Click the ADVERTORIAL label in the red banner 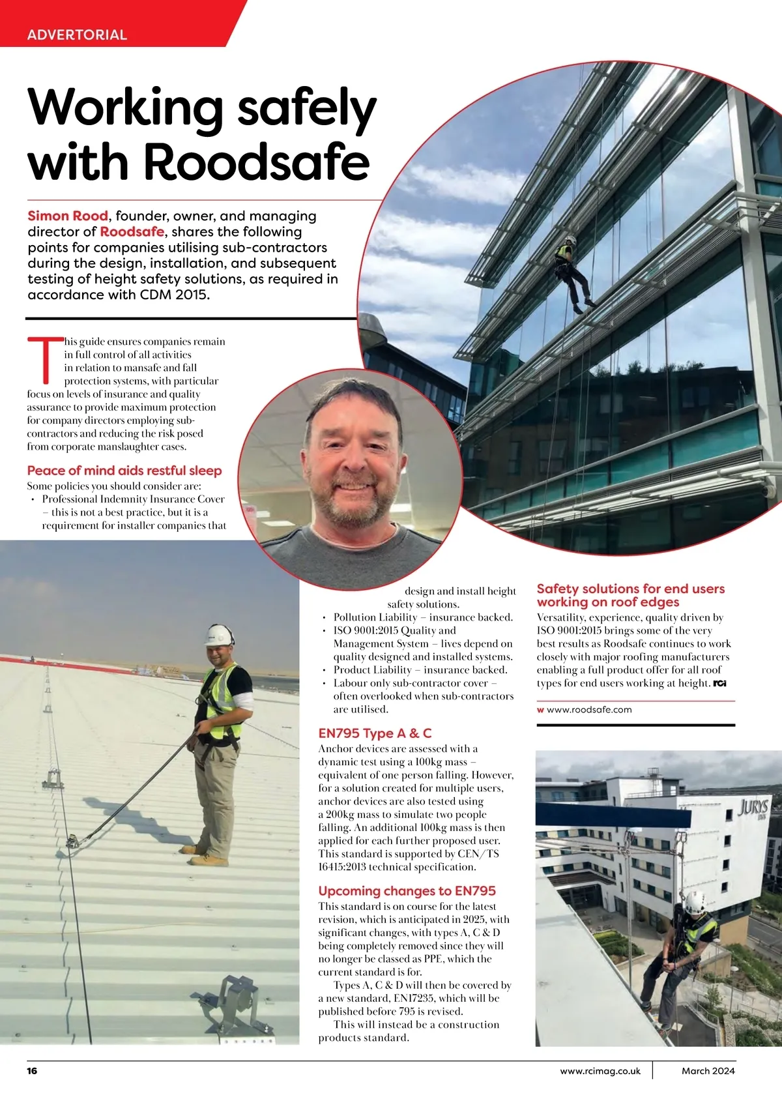point(77,35)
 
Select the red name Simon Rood point(68,216)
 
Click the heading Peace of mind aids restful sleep point(124,471)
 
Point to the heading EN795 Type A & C point(375,733)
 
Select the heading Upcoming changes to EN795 point(407,890)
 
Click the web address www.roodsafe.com point(589,710)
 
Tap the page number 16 point(33,1070)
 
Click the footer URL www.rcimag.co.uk point(600,1070)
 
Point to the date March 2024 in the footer point(708,1070)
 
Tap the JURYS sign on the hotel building point(754,807)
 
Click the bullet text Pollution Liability point(375,617)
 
